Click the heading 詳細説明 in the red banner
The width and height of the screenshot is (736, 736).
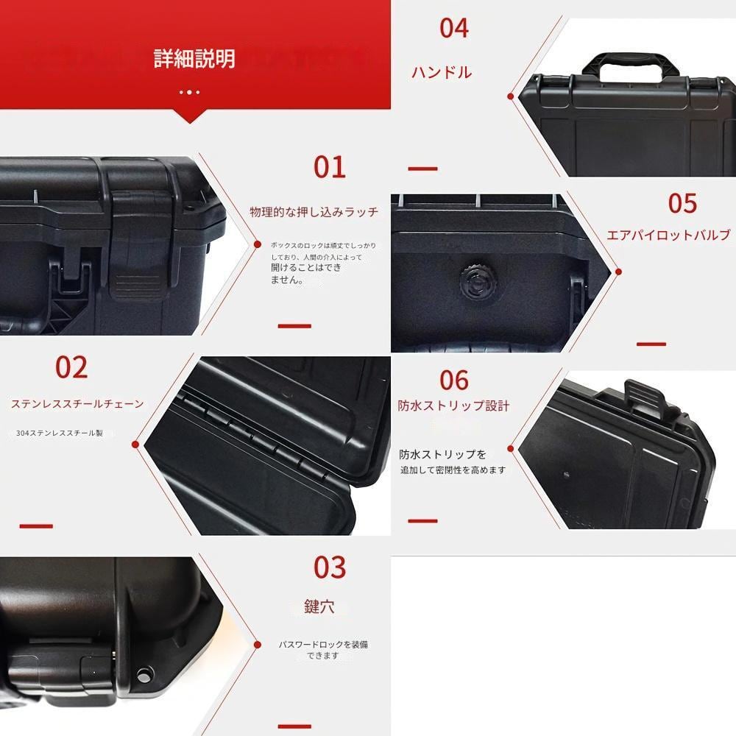194,59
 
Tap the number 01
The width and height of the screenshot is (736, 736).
329,167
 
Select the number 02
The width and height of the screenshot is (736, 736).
71,367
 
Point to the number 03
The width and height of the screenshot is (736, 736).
329,567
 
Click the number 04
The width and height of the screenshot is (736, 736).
453,28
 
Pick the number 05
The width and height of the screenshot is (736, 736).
682,203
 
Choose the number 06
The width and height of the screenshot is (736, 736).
454,380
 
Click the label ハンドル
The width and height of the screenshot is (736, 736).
442,72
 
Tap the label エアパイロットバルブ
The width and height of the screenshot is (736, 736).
668,235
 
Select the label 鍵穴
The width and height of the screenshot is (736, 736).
319,606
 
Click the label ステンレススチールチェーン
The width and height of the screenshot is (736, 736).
77,404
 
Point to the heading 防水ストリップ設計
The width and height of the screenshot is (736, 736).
453,406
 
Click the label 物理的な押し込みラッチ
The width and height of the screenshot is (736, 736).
314,212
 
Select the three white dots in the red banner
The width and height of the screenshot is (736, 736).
189,92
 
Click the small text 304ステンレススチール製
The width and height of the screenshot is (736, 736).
60,434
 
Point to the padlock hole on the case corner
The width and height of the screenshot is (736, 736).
144,673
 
